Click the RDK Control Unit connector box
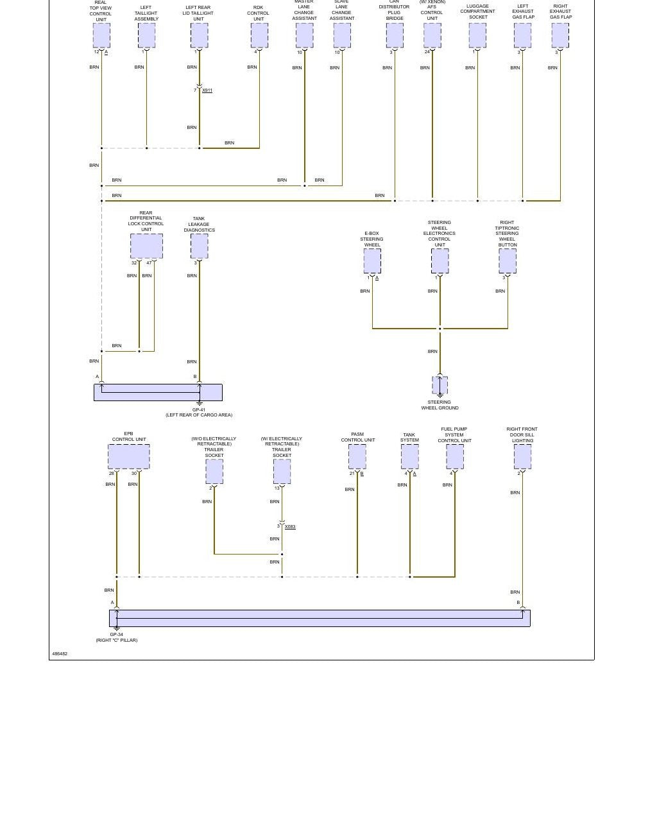(259, 35)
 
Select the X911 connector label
(207, 90)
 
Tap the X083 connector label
(290, 527)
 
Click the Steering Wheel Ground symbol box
(440, 385)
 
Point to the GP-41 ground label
(199, 409)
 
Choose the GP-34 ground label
(116, 635)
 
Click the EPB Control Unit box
(128, 456)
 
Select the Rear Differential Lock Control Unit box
(146, 246)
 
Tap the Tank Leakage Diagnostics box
(200, 246)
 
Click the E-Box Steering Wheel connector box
(372, 261)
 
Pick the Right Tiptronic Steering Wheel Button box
(508, 261)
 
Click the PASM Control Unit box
(357, 456)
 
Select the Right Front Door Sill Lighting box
(522, 456)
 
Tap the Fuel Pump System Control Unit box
(455, 456)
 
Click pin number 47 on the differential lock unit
(149, 263)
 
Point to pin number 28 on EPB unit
(111, 474)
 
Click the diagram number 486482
(60, 653)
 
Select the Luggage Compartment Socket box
(477, 35)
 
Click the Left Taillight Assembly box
(147, 35)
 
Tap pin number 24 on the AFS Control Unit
(427, 52)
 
